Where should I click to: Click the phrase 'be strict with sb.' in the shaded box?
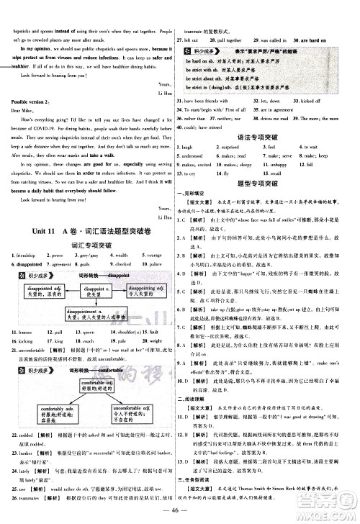click(209, 70)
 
